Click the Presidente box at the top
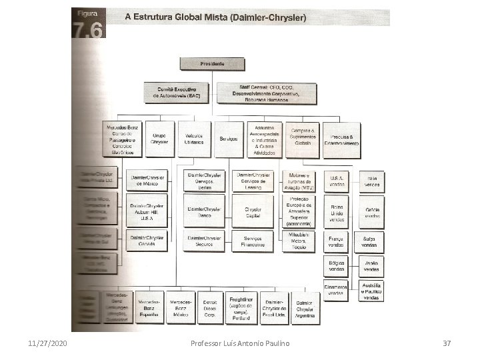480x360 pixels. [x=212, y=63]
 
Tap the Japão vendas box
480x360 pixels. [x=372, y=266]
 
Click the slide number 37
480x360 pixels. [x=447, y=342]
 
